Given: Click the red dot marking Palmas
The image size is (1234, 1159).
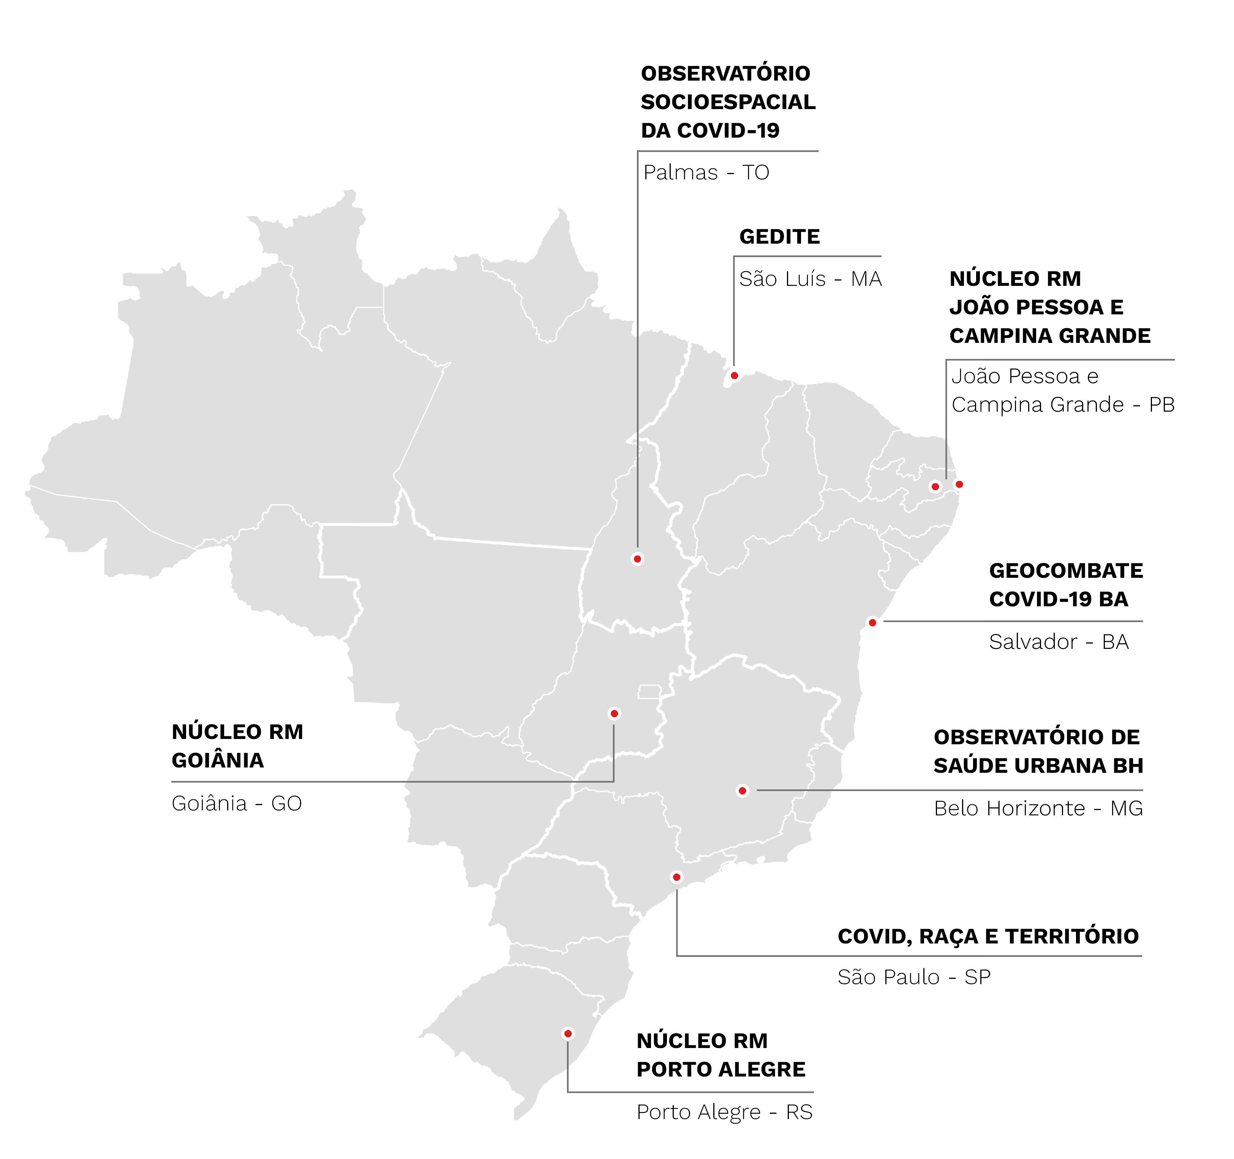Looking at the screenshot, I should coord(637,559).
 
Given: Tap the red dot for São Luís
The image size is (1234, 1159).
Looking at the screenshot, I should coord(734,376).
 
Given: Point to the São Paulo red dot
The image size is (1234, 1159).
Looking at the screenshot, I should coord(676,877).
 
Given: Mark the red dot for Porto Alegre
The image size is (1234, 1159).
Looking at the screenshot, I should coord(567,1034).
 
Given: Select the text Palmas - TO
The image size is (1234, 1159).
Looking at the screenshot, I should coord(706,173).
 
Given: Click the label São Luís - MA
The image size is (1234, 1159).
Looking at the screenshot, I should coord(810,279).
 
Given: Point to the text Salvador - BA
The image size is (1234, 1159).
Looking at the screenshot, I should coord(1058,642).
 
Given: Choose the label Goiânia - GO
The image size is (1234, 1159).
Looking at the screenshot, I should coord(237,803).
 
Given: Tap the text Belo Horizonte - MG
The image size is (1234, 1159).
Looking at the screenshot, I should coord(1038,808).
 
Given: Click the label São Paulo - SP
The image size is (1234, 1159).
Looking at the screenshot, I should coord(914,977).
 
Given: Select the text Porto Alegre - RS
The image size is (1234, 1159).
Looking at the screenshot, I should coord(724,1112).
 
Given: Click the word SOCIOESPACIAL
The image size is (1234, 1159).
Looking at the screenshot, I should coord(728,102).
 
